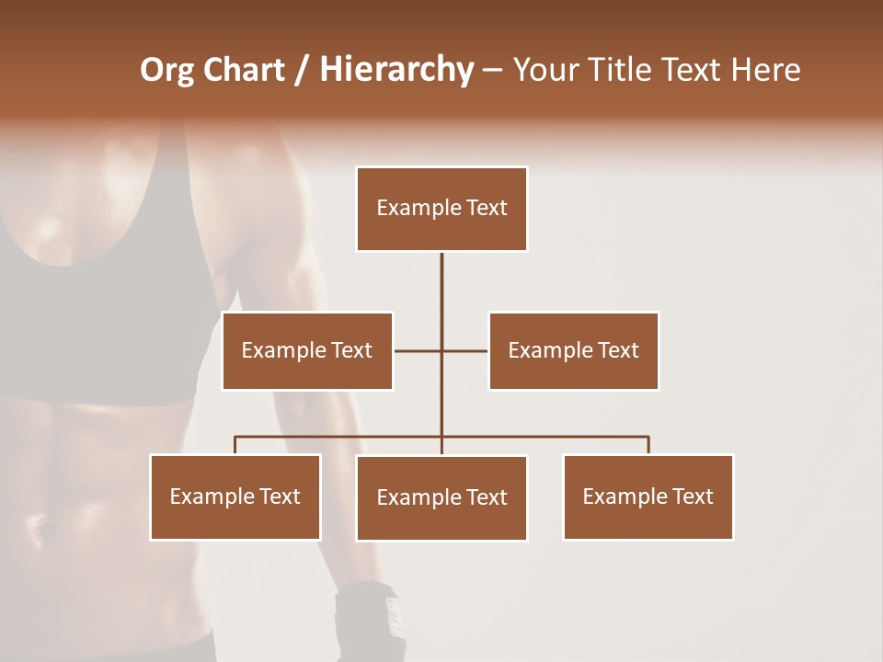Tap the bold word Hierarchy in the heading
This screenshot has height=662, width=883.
396,70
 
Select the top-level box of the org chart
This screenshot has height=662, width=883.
441,209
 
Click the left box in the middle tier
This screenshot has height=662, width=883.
307,350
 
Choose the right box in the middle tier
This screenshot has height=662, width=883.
573,350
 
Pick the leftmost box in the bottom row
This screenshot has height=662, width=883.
235,496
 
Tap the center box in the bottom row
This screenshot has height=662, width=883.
441,497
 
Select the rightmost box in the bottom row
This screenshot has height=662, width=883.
648,496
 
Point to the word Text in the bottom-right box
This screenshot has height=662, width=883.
693,496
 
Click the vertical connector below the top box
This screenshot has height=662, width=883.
441,294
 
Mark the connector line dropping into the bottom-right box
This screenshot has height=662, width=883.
648,445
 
